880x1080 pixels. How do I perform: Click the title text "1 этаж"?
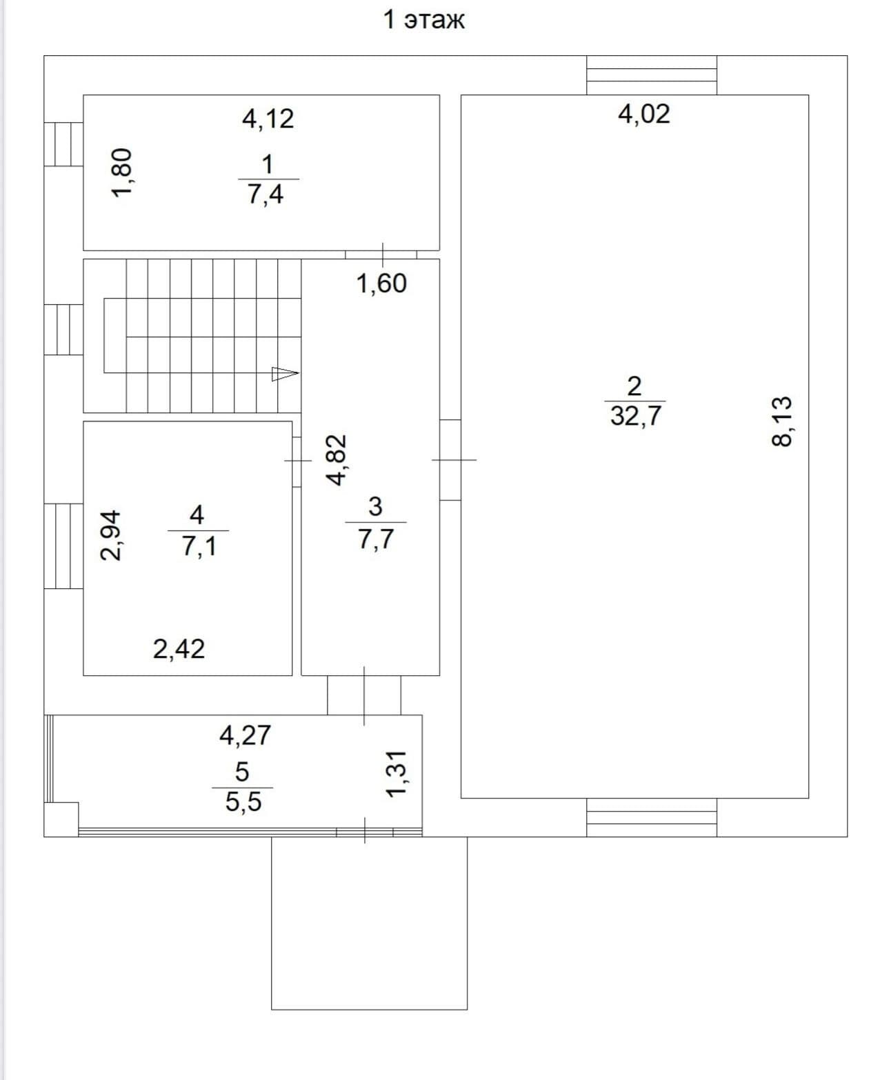point(423,20)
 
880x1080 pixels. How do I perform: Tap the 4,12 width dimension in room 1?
point(268,119)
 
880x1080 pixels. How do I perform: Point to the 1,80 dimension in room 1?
point(121,173)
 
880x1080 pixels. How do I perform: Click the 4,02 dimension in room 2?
point(643,114)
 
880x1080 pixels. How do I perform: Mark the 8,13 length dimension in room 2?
point(781,421)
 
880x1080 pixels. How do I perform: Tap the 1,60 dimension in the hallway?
point(381,283)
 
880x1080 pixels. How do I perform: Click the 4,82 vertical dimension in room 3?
point(336,461)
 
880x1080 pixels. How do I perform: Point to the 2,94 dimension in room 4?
point(110,535)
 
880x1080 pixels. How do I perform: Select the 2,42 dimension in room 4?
point(179,649)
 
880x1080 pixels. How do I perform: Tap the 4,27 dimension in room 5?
point(245,735)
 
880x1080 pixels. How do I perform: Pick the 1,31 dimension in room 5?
point(396,774)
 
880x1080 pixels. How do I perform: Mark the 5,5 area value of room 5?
point(243,802)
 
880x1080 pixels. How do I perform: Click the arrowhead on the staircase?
point(286,374)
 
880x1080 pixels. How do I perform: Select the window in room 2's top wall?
point(652,75)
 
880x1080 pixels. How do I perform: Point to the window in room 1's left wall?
point(63,144)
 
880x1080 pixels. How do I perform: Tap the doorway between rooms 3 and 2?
point(450,460)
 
